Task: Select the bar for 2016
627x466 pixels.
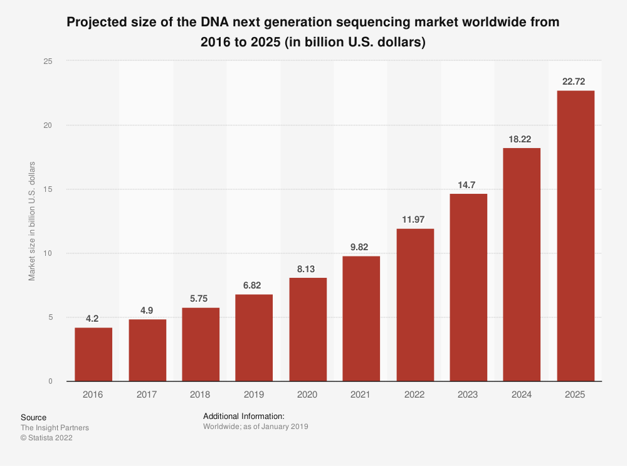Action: (x=93, y=354)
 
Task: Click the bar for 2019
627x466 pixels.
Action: (x=254, y=337)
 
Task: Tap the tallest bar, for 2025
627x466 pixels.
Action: (x=576, y=236)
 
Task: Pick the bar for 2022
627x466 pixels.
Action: (x=415, y=305)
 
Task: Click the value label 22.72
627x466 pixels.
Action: (x=576, y=82)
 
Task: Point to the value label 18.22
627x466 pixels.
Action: (x=522, y=139)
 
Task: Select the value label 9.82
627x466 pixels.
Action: (x=361, y=246)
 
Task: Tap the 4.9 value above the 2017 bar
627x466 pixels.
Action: (x=147, y=310)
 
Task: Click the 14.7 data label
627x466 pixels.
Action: (x=468, y=184)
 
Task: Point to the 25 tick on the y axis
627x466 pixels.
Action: (x=48, y=61)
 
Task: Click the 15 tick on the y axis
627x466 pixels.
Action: (x=48, y=189)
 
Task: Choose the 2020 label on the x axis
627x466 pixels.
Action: (x=307, y=395)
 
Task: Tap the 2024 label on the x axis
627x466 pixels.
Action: (x=522, y=395)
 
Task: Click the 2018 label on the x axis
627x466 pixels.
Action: (x=200, y=395)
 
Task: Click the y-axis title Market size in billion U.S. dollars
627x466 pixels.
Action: (x=32, y=221)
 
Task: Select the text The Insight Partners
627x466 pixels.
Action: (x=55, y=428)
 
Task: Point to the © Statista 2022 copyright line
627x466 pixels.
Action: (x=46, y=438)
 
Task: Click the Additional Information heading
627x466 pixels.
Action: (x=244, y=416)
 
